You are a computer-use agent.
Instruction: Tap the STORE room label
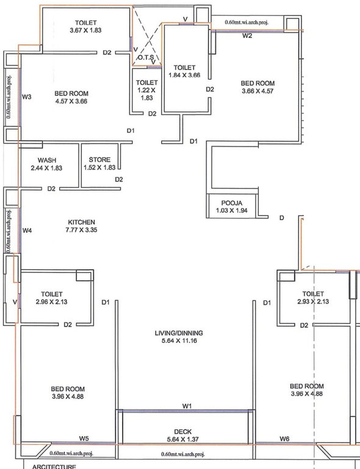pyautogui.click(x=99, y=160)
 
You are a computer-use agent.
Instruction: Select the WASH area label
pyautogui.click(x=47, y=160)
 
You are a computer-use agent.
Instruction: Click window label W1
pyautogui.click(x=187, y=406)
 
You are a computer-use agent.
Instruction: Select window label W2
pyautogui.click(x=247, y=37)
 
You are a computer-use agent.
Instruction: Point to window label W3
pyautogui.click(x=27, y=96)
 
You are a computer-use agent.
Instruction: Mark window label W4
pyautogui.click(x=27, y=231)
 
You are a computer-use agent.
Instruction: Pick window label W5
pyautogui.click(x=84, y=438)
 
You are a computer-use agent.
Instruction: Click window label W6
pyautogui.click(x=284, y=438)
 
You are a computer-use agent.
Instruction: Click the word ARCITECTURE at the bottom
pyautogui.click(x=50, y=467)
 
